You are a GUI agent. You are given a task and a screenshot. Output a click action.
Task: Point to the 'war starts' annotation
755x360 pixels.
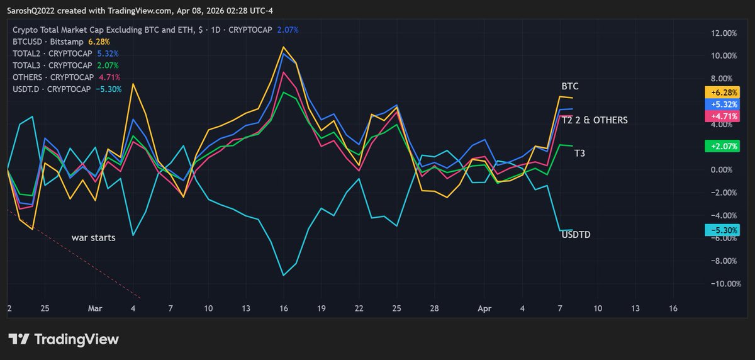93,238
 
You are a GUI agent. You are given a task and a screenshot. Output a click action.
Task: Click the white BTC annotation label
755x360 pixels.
570,85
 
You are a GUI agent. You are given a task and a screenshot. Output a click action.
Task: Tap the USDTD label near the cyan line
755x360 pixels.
576,235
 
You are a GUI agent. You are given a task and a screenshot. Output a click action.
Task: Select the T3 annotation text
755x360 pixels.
579,153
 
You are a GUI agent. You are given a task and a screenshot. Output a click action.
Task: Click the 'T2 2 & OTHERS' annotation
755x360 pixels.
594,120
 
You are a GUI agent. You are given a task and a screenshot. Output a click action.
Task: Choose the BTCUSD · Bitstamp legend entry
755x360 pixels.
48,42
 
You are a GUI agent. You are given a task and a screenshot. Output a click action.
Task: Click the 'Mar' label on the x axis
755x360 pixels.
95,309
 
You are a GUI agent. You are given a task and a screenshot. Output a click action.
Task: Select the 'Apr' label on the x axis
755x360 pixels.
484,309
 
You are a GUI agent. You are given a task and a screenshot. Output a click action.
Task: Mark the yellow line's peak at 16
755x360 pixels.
284,47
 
